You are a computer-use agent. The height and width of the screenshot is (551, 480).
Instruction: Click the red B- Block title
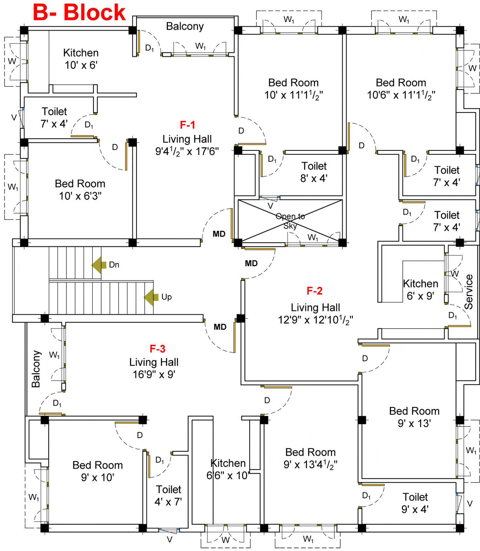point(79,12)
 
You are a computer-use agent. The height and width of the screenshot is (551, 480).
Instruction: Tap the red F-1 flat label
point(187,125)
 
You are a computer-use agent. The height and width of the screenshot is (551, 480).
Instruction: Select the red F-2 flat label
point(314,291)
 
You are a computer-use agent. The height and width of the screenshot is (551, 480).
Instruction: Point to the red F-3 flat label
point(157,349)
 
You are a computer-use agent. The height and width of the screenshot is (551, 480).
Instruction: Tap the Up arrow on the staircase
point(151,297)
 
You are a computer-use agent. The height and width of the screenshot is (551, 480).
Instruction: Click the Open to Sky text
point(290,221)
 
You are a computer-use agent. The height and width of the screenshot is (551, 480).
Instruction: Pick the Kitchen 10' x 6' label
point(81,59)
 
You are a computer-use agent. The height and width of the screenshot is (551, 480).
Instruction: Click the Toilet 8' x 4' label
point(314,172)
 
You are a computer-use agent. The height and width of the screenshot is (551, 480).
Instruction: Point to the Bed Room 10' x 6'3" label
point(80,189)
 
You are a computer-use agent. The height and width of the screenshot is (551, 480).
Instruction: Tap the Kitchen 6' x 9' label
point(420,289)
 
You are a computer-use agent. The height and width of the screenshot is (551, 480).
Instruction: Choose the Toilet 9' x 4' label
point(415,503)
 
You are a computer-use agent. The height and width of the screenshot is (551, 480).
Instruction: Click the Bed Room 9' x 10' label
point(98,471)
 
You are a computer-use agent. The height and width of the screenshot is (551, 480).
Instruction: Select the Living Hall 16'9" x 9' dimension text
point(154,374)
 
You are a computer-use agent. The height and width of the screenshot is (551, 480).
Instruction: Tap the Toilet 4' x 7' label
point(169,495)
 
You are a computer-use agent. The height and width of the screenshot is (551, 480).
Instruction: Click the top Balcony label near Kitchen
point(185,26)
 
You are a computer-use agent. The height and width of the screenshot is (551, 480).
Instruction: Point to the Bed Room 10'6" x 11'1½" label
point(401,89)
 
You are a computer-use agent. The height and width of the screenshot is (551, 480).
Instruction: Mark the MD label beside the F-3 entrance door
point(220,327)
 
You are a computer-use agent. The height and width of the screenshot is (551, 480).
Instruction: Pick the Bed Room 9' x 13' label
point(414,417)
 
